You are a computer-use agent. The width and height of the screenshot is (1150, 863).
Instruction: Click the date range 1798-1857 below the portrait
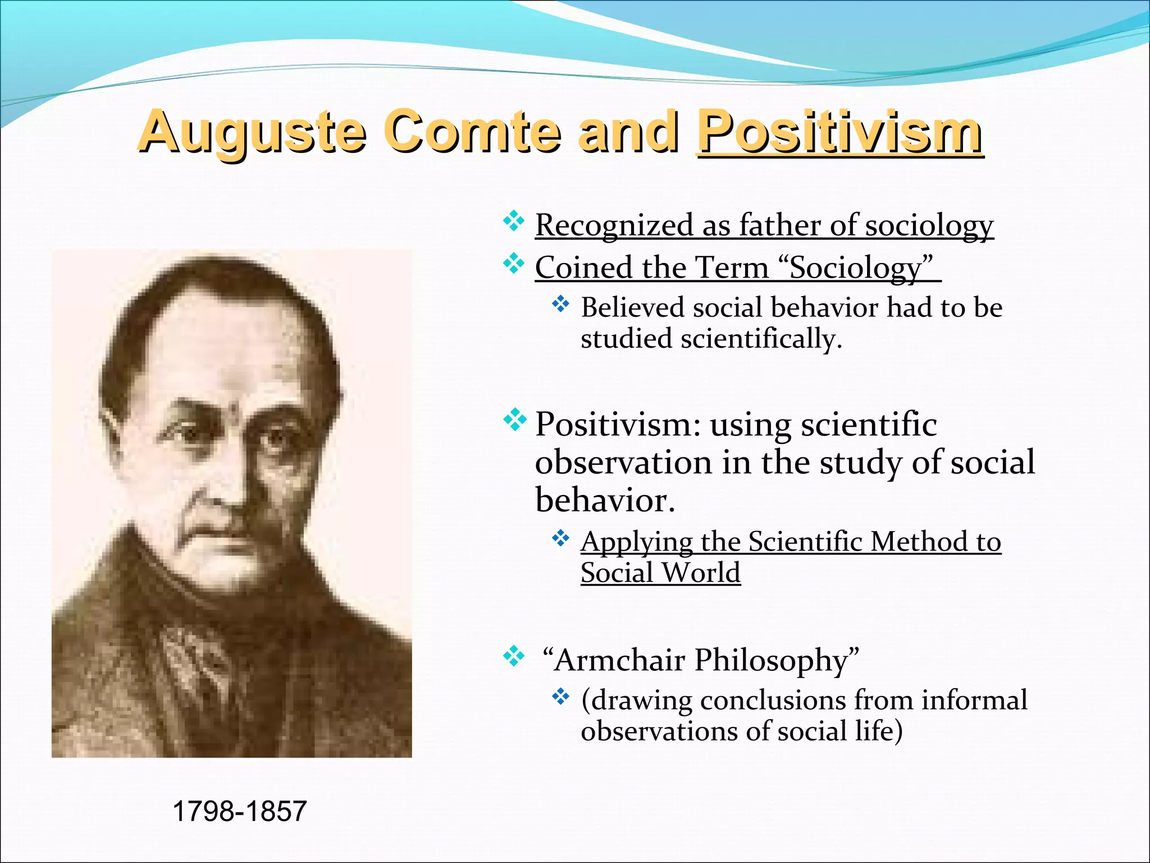[240, 811]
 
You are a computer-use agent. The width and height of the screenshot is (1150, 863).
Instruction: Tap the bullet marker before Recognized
[513, 221]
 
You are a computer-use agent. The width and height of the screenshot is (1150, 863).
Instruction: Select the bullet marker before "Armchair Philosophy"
[513, 656]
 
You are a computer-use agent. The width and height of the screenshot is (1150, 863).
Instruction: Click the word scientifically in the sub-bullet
[761, 339]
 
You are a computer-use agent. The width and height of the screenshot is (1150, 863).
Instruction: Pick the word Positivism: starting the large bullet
[618, 424]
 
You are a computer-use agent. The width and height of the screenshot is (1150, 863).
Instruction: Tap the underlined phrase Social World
[660, 573]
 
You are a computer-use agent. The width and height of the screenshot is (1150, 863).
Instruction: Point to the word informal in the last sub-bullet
[974, 700]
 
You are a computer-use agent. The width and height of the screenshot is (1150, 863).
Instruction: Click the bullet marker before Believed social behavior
[560, 305]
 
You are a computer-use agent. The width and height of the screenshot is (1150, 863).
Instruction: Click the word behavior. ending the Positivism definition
[605, 500]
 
